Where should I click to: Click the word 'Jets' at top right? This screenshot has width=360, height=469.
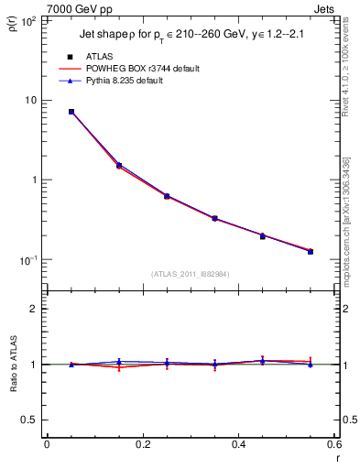[x=323, y=8]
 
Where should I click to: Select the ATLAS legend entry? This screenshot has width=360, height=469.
[x=94, y=57]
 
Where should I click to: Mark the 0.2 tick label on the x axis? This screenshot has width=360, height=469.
[x=142, y=445]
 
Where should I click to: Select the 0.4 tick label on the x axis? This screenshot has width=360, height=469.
[x=238, y=445]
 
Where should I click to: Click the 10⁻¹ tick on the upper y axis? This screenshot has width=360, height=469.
[x=28, y=260]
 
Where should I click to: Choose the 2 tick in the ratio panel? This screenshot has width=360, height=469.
[x=35, y=309]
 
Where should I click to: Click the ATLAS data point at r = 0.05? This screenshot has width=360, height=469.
[x=71, y=112]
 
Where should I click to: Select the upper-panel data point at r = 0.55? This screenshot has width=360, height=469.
[x=311, y=251]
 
